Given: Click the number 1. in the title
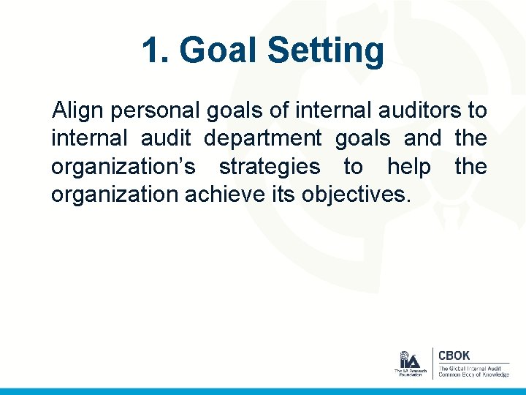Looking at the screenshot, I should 155,51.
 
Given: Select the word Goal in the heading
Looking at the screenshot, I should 219,51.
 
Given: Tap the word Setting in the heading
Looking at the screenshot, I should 325,51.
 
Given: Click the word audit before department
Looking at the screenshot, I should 171,138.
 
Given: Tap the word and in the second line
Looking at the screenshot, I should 422,138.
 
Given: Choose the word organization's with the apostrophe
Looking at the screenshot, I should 123,167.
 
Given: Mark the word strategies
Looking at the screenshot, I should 270,167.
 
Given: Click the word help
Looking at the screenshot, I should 409,167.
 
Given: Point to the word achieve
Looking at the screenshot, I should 224,195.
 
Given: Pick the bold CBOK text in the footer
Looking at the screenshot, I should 454,355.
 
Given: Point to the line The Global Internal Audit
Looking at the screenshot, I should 470,367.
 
